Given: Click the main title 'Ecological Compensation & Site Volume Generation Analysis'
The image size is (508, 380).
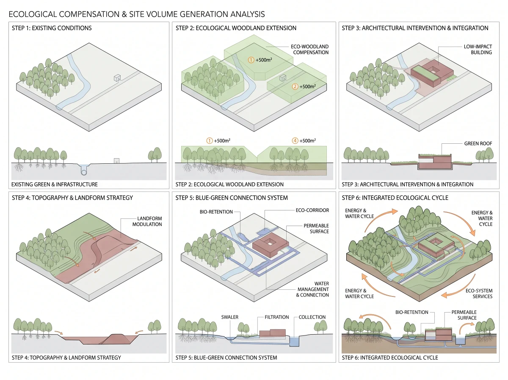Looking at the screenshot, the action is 137,14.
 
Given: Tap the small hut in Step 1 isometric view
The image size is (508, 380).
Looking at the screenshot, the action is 117,78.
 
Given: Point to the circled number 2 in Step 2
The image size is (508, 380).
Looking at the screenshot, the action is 295,87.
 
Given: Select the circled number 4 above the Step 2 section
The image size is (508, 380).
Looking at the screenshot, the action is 295,140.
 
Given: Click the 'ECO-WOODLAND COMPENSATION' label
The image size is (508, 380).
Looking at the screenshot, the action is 309,49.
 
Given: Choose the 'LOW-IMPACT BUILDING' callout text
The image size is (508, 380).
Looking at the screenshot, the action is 478,49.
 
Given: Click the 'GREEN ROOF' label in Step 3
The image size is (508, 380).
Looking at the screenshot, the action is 478,143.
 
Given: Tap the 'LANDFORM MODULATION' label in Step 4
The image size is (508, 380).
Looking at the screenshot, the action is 147,221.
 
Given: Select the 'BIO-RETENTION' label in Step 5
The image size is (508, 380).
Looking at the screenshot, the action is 216,212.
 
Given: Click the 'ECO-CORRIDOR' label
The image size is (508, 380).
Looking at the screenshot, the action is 312,210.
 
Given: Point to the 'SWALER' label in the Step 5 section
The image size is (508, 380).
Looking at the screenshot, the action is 229,317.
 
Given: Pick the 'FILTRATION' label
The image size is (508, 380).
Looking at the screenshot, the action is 277,317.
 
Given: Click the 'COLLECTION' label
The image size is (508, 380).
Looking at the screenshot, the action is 312,317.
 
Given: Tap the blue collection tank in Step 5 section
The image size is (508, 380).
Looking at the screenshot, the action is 294,341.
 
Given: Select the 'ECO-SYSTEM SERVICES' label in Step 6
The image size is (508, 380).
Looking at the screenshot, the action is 479,293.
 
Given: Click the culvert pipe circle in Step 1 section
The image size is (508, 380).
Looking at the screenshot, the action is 84,172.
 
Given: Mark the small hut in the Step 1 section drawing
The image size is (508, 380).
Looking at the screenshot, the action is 116,161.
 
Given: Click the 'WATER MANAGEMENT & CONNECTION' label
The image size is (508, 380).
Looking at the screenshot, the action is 312,289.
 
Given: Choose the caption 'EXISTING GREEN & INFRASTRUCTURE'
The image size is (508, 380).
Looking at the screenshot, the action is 54,184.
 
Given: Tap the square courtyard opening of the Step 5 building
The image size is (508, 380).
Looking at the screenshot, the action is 270,242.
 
